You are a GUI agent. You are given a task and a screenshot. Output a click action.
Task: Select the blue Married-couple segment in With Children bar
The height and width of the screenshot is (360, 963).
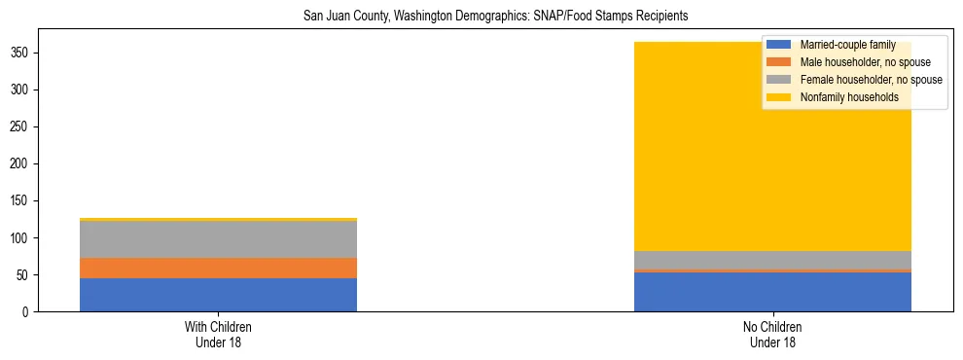pos(218,295)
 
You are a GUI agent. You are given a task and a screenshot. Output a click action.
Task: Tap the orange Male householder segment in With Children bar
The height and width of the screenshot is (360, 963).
pos(218,268)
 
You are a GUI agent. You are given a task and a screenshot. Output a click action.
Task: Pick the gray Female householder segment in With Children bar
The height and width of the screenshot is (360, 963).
pos(218,239)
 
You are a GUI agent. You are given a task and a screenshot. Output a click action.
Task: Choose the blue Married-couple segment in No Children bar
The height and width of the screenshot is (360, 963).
pos(772,292)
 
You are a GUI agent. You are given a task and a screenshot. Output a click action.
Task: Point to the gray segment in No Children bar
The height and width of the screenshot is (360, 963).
pos(772,260)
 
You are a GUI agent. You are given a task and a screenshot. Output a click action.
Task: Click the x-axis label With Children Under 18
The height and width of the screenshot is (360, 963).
pos(218,335)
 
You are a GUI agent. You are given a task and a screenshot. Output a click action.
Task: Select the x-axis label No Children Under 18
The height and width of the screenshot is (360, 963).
pos(772,335)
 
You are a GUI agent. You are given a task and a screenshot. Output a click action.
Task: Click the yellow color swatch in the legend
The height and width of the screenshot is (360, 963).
pos(779,97)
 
